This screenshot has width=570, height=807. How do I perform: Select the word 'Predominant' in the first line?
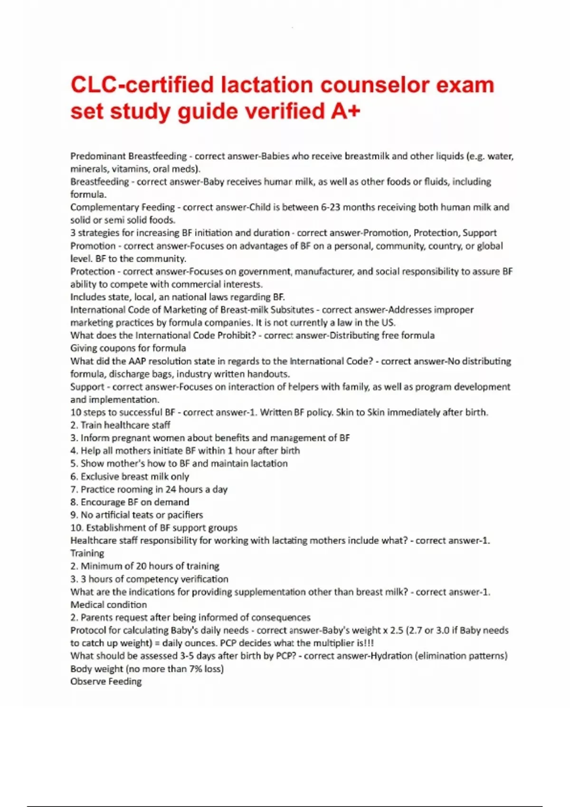pyautogui.click(x=98, y=156)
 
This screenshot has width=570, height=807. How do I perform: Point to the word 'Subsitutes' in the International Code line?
pyautogui.click(x=292, y=310)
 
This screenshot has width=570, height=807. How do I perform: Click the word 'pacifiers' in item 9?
pyautogui.click(x=185, y=515)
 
